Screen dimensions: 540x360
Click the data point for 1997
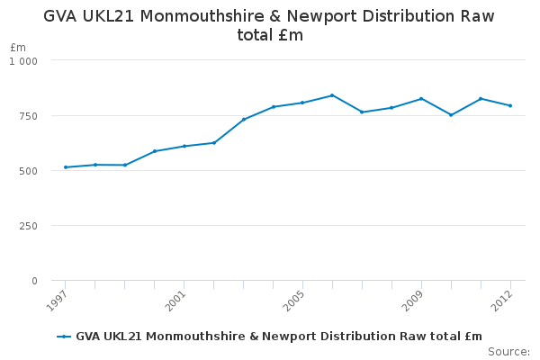[x=66, y=167]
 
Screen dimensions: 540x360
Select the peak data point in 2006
[x=332, y=95]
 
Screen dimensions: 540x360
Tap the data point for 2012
[x=510, y=106]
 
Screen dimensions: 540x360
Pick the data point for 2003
[x=244, y=120]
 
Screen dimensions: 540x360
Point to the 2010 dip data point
[x=451, y=115]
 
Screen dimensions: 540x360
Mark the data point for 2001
[x=184, y=146]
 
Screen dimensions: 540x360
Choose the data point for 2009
[x=421, y=99]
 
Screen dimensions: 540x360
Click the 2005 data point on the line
[x=302, y=103]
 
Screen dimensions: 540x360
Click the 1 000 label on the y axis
[x=23, y=61]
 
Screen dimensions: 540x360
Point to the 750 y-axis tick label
[x=28, y=116]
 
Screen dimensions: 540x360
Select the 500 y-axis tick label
[x=28, y=171]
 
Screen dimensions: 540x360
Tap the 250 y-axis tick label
[x=28, y=226]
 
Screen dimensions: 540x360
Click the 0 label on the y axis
[x=34, y=281]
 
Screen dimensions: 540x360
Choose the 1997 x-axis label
[x=56, y=301]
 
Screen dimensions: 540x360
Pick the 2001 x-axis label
[x=175, y=301]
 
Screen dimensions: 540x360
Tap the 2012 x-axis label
[x=502, y=301]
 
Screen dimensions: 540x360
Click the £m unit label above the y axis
[x=18, y=47]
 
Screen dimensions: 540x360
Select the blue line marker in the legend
[x=64, y=337]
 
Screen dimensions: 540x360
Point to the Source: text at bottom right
[x=509, y=352]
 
